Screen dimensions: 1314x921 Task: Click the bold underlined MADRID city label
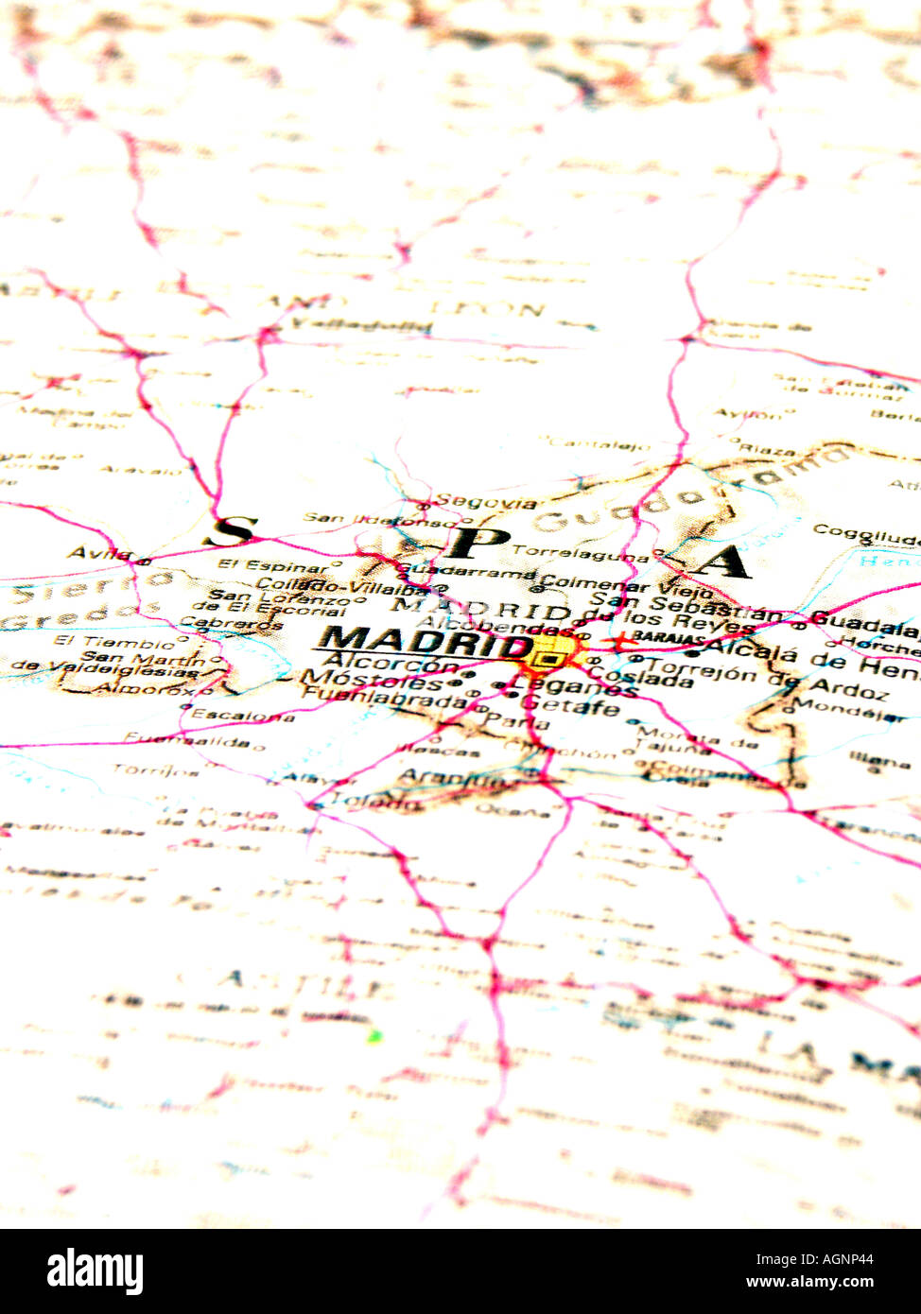pyautogui.click(x=426, y=644)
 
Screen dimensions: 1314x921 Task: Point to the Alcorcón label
pyautogui.click(x=391, y=664)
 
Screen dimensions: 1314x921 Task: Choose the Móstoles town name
pyautogui.click(x=371, y=681)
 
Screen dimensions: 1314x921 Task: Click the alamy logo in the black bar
pyautogui.click(x=95, y=1271)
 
